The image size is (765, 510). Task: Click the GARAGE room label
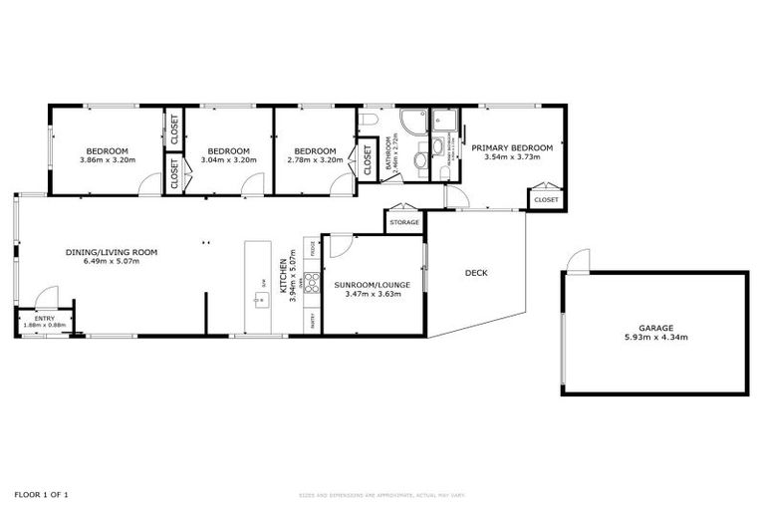[x=656, y=328]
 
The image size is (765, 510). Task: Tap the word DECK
[x=476, y=272]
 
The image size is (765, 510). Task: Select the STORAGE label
[x=403, y=222]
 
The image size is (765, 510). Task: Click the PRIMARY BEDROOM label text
[x=512, y=147]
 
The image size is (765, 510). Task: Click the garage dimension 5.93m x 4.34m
[x=656, y=338]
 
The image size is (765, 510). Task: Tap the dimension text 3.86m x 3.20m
[x=107, y=159]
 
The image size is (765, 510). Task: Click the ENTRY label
[x=45, y=318]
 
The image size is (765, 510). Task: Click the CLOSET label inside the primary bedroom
[x=546, y=200]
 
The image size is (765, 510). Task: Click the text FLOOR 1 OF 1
[x=41, y=494]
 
